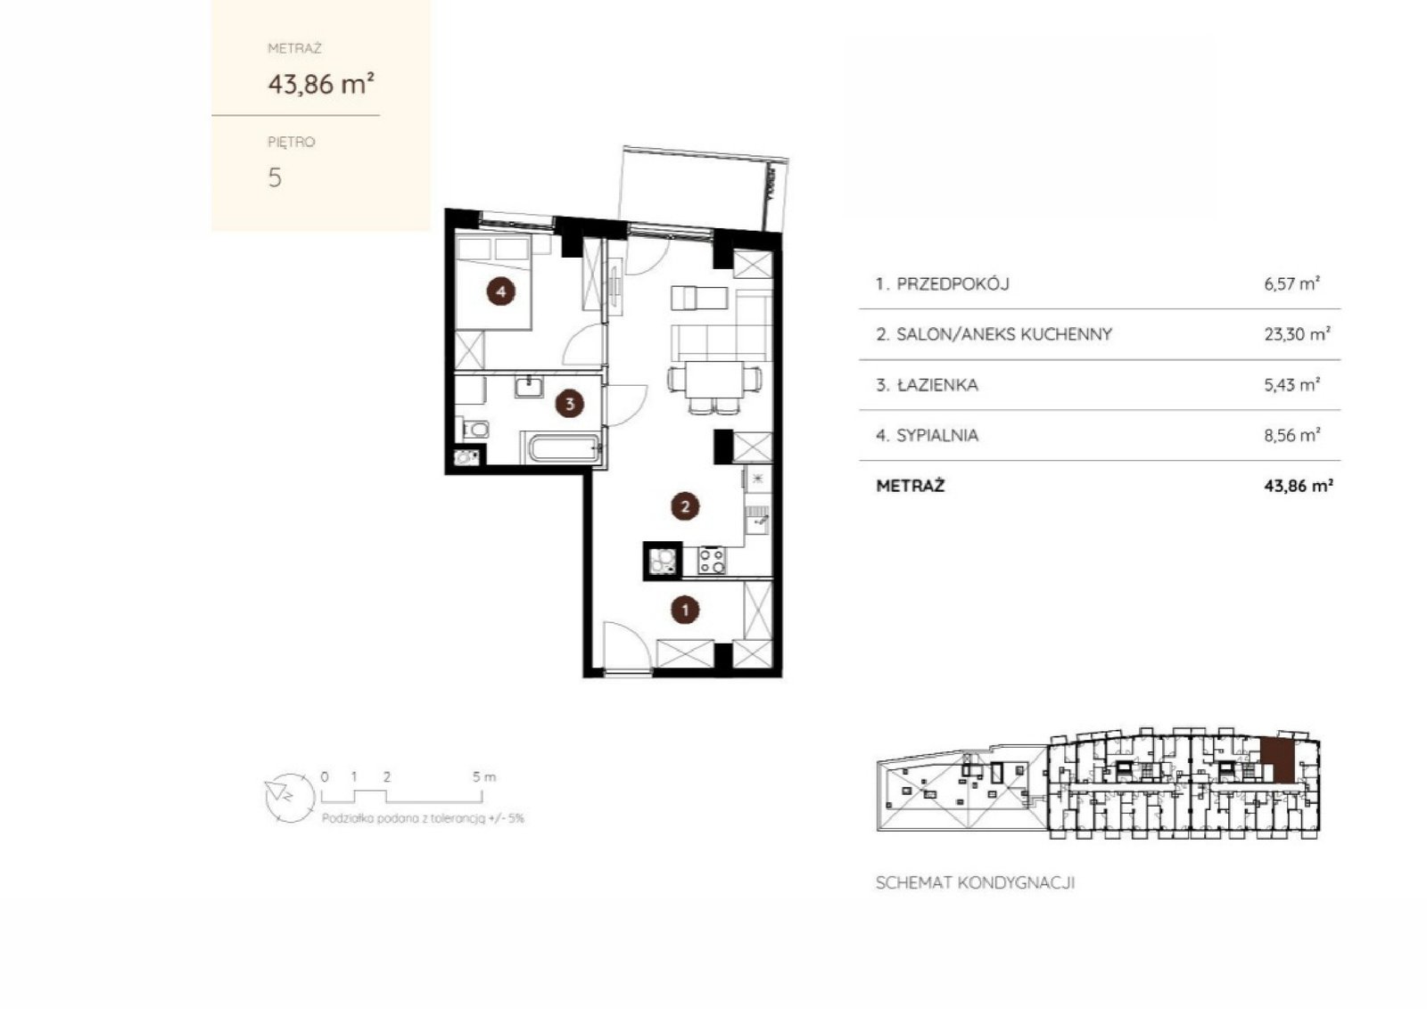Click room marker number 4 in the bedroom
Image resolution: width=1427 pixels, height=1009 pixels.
500,291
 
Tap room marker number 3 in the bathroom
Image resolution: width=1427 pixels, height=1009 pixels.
570,403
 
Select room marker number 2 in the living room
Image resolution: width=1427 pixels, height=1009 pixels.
685,506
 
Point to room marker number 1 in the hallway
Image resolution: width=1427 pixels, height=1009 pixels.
685,610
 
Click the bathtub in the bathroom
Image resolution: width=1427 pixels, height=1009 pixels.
564,448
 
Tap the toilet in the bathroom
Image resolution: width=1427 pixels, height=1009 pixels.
474,429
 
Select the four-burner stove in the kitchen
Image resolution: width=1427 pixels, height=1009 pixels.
711,561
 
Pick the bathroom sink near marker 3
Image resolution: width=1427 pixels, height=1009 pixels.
529,387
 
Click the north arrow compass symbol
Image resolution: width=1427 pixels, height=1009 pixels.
290,797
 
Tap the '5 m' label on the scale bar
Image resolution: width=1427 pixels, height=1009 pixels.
483,777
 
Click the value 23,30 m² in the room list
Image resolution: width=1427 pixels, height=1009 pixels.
1297,334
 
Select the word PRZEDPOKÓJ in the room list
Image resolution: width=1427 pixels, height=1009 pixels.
953,284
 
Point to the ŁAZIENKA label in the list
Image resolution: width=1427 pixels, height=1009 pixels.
937,384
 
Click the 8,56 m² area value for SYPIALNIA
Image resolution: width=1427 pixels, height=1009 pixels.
1292,435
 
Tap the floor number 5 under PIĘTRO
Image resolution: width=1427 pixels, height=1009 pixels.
275,177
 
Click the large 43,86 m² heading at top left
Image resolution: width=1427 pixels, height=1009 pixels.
321,84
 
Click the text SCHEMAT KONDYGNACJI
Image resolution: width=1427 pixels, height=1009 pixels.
976,883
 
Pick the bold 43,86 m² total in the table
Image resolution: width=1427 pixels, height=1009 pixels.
1299,486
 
